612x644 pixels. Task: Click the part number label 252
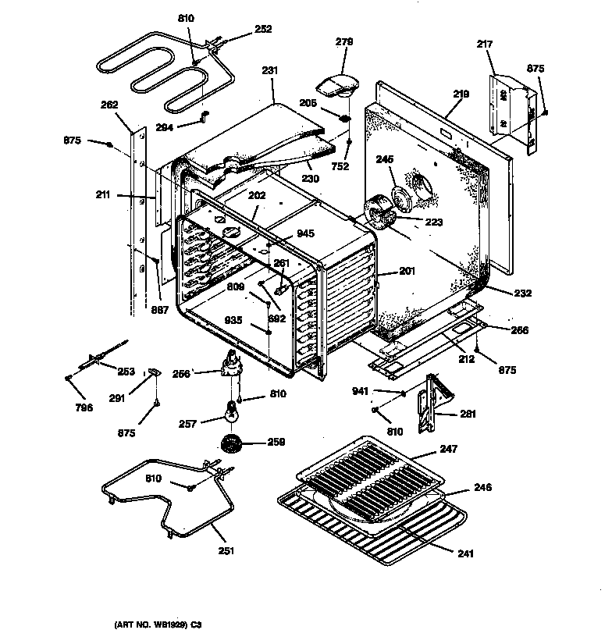tap(263, 30)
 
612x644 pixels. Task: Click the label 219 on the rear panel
tap(461, 94)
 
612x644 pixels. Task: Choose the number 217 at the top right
tap(484, 45)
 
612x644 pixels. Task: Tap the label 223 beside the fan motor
tap(433, 222)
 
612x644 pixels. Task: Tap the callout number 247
tap(449, 449)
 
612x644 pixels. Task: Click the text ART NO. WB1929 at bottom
tap(156, 624)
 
